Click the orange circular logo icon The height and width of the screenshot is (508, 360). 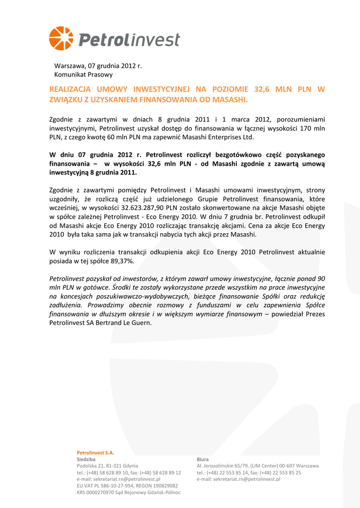tap(61, 39)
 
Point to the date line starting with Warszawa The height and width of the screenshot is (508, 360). tap(98, 65)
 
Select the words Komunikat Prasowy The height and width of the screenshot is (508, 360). tap(83, 74)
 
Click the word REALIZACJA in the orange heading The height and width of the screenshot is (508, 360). tap(69, 89)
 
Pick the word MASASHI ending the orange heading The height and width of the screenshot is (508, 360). tap(229, 100)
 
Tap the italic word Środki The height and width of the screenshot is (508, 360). tap(122, 287)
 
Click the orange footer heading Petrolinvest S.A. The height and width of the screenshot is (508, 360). tap(95, 452)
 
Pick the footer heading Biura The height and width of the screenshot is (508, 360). tap(203, 459)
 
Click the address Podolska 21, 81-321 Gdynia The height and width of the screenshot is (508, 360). tap(107, 466)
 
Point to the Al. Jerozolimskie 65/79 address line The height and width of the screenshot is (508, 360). tap(257, 466)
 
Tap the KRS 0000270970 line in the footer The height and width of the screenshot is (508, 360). tap(128, 492)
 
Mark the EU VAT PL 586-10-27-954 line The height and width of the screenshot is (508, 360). tap(127, 486)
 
